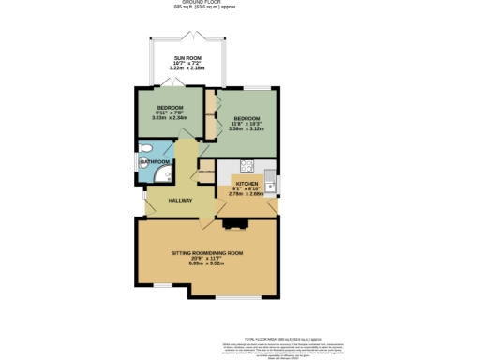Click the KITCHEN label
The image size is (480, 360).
[247, 184]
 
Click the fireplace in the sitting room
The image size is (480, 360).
[233, 223]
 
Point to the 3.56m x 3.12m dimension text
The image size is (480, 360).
[246, 128]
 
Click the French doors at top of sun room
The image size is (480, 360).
[191, 36]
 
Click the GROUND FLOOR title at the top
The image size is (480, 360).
[204, 2]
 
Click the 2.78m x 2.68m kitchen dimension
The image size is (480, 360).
[247, 194]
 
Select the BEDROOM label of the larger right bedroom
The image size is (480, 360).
[246, 118]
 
